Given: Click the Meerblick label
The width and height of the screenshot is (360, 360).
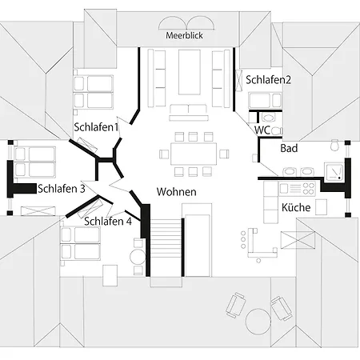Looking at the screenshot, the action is click(x=184, y=35).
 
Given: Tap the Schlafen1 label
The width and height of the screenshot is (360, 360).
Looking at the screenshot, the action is click(x=96, y=127).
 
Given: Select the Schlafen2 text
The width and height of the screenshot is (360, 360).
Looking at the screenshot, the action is click(x=268, y=80).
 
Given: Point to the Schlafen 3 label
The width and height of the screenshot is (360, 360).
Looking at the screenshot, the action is click(x=62, y=189).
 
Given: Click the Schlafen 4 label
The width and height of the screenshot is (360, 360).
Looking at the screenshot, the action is click(x=108, y=222).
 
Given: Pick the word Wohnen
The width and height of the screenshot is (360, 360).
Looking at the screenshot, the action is click(x=177, y=192).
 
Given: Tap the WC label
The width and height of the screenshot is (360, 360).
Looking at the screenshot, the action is click(x=262, y=130).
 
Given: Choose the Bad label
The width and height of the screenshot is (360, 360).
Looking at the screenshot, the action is click(x=289, y=148).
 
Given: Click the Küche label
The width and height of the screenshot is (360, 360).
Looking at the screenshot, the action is click(x=296, y=207).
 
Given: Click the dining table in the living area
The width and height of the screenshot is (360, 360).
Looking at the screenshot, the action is click(x=194, y=154).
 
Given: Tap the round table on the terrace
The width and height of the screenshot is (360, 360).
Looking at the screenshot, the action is click(x=258, y=322).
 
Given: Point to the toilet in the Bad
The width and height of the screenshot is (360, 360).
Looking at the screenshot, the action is click(x=334, y=146).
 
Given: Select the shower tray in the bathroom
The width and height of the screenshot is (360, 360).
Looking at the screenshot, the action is click(x=334, y=172).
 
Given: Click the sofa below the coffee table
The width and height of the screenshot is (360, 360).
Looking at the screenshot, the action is click(x=189, y=113).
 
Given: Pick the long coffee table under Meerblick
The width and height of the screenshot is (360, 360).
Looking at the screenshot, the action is click(x=190, y=72).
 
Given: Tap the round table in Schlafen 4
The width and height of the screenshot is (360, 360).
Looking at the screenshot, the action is click(x=138, y=257).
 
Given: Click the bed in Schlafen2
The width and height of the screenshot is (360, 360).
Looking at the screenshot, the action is click(x=265, y=100).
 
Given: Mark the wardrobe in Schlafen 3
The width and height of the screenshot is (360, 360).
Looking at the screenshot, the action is click(x=38, y=211).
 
